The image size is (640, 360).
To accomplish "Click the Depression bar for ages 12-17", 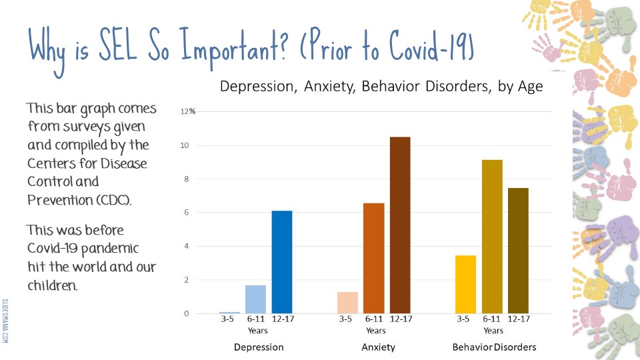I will tap(281, 262).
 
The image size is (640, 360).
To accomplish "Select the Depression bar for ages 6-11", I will tap(255, 299).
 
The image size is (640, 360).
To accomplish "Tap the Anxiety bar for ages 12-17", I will tap(400, 225).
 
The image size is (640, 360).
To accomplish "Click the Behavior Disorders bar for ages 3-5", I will tap(465, 284).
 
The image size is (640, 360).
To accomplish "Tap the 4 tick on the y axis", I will tap(186, 246).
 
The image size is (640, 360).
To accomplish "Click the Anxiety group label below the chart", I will tap(378, 347).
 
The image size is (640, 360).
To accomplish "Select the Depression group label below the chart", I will tap(259, 347).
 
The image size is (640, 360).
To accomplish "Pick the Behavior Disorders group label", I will tap(494, 347).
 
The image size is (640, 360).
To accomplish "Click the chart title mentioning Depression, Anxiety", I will tap(381, 86).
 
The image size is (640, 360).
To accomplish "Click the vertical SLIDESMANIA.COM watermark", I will tap(5, 321).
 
